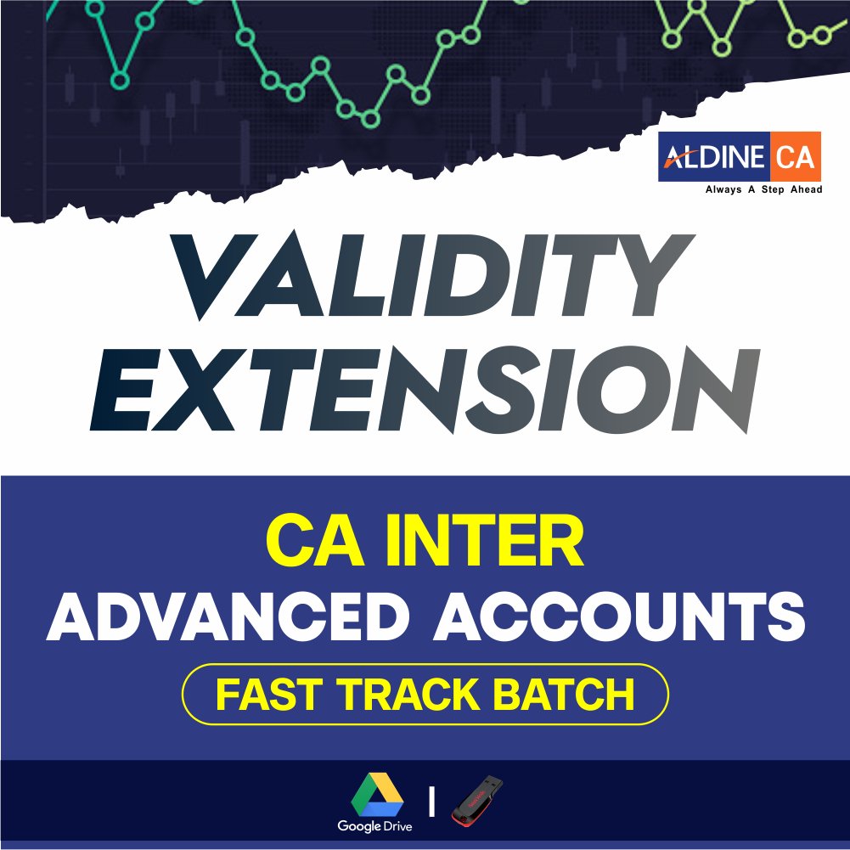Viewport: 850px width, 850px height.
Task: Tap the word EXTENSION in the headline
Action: click(x=425, y=390)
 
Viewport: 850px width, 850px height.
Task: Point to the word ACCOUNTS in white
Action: click(x=619, y=616)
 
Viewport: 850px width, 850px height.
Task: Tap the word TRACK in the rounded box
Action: click(x=408, y=695)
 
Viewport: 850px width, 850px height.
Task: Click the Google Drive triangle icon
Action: click(x=377, y=795)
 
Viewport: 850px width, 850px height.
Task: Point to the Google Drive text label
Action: click(x=374, y=826)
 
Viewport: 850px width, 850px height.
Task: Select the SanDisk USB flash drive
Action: click(x=477, y=801)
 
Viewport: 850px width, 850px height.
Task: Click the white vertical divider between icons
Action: click(x=431, y=802)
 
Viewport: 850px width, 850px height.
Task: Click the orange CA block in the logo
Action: click(x=796, y=156)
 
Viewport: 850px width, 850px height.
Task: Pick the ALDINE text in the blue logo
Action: click(x=714, y=157)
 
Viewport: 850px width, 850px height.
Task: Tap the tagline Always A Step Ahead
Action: click(x=763, y=189)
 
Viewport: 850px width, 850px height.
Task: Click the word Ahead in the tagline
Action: click(x=807, y=189)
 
